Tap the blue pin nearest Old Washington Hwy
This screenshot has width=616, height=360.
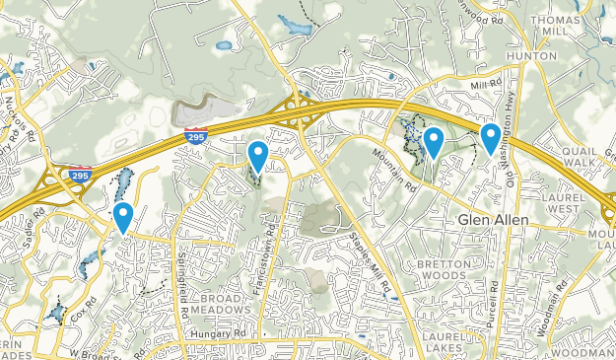[490, 137]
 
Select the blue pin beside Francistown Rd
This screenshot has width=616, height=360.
[257, 155]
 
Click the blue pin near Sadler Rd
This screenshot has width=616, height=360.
[123, 215]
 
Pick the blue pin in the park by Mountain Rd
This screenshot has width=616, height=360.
[432, 141]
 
